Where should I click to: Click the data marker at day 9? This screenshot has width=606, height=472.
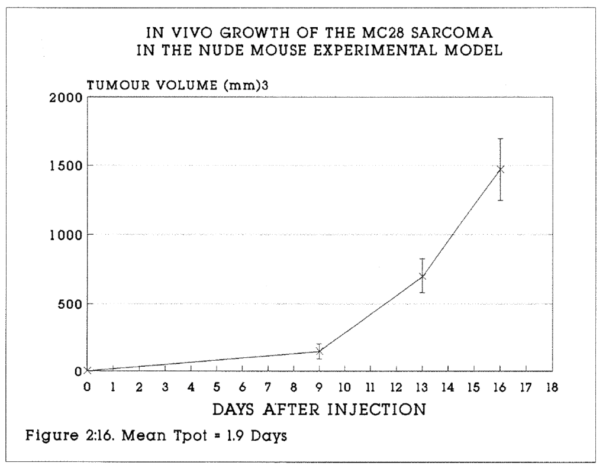click(x=320, y=351)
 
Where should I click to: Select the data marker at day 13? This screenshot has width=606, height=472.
click(x=422, y=276)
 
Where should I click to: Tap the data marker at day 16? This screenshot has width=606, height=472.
click(x=500, y=170)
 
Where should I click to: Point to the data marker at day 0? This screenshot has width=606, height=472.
click(x=88, y=371)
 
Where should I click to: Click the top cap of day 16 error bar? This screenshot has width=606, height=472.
click(x=500, y=138)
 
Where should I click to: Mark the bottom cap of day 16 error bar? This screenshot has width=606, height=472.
click(x=500, y=200)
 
